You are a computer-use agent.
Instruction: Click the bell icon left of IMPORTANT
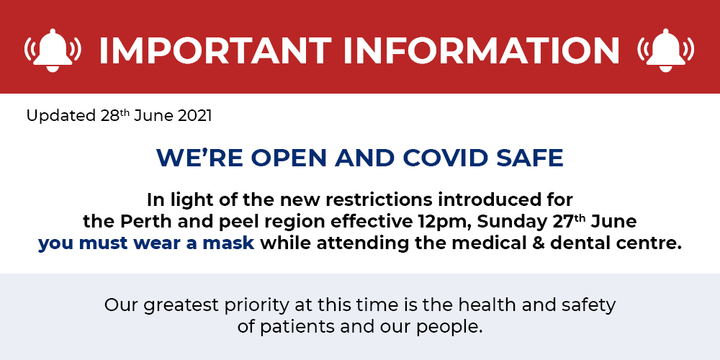pos(53,50)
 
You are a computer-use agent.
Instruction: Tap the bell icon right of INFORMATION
pos(666,50)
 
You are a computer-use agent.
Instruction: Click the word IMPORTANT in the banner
pos(215,50)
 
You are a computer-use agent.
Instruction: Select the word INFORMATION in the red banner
pos(481,50)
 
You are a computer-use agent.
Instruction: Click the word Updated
pos(60,116)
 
